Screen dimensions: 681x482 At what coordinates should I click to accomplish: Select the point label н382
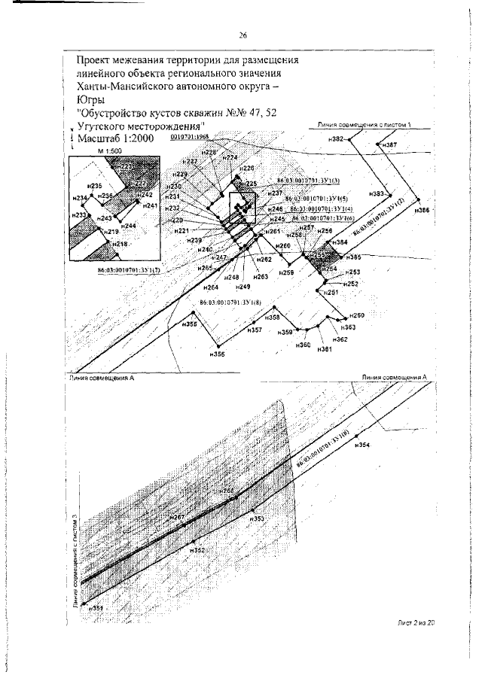coord(339,140)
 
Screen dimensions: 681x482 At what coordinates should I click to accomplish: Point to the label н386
coord(422,211)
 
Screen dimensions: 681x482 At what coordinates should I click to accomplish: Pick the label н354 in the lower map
coord(363,445)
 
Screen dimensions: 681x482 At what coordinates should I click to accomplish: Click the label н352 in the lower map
coord(198,550)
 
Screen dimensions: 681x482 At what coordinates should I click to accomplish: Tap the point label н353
coord(258,518)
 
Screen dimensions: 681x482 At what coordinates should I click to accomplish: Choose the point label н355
coord(190,324)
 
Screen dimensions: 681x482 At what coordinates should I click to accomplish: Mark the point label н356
coord(217,354)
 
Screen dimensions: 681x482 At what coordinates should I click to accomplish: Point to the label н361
coord(325,349)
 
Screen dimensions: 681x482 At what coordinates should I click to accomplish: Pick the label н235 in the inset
coord(94,185)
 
